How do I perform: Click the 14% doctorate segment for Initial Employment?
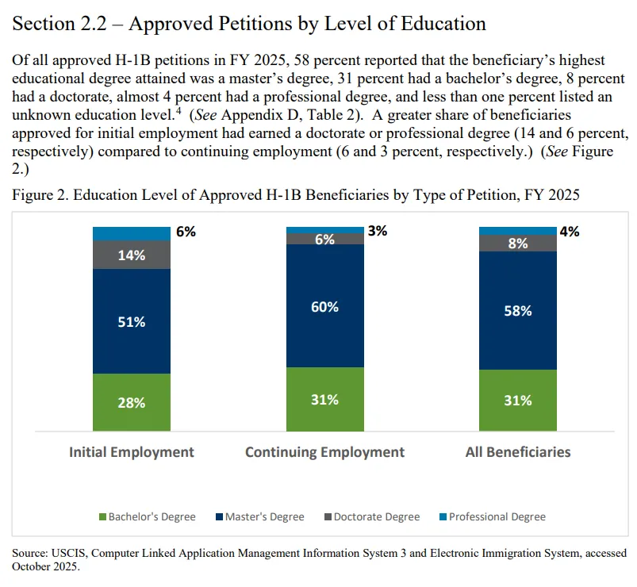tap(132, 255)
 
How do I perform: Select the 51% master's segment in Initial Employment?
tap(132, 321)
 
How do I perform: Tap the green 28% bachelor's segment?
tap(132, 402)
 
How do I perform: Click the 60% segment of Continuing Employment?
tap(325, 306)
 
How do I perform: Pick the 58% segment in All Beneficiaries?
tap(518, 311)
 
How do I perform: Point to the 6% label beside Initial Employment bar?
tap(186, 232)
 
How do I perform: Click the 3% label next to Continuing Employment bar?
tap(378, 231)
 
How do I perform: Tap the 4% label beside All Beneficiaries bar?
tap(570, 232)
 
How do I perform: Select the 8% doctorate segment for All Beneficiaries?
tap(518, 244)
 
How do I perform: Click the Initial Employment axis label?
tap(132, 451)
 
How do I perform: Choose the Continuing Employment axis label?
tap(325, 452)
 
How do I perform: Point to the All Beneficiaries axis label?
tap(518, 451)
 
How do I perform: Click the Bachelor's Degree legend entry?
tap(148, 516)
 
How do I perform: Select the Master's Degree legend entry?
tap(260, 516)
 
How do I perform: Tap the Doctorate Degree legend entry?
tap(372, 516)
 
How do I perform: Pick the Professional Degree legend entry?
tap(493, 516)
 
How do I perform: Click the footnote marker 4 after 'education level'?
tap(178, 110)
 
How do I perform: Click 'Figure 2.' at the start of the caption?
tap(40, 195)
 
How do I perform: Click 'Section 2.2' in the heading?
tap(59, 24)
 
